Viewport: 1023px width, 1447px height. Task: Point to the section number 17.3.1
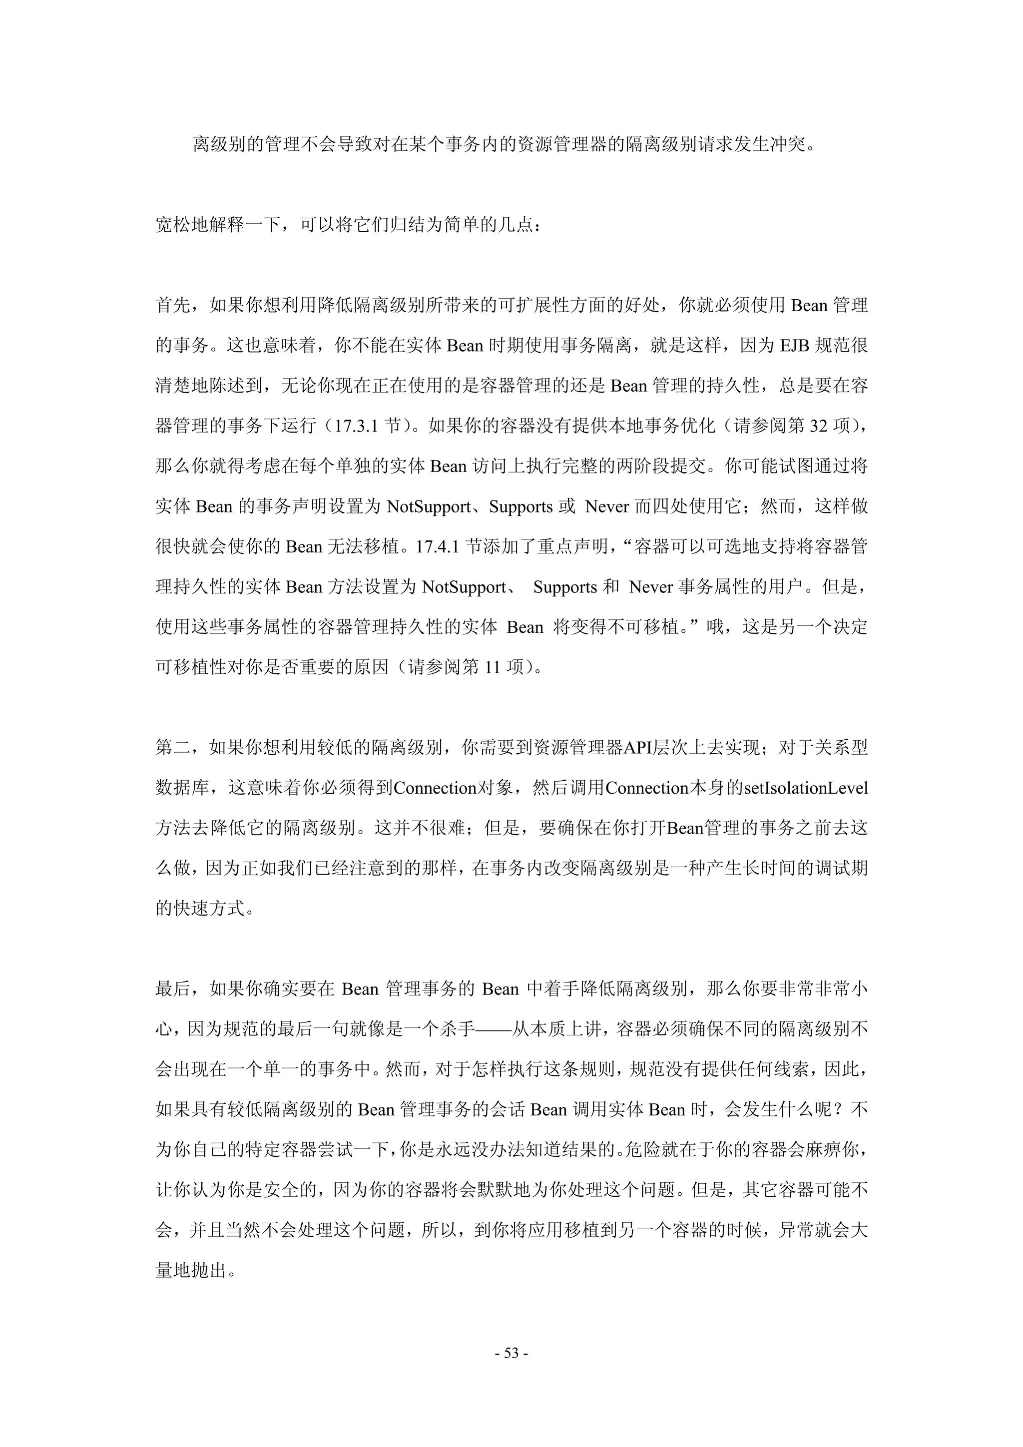(x=356, y=426)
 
